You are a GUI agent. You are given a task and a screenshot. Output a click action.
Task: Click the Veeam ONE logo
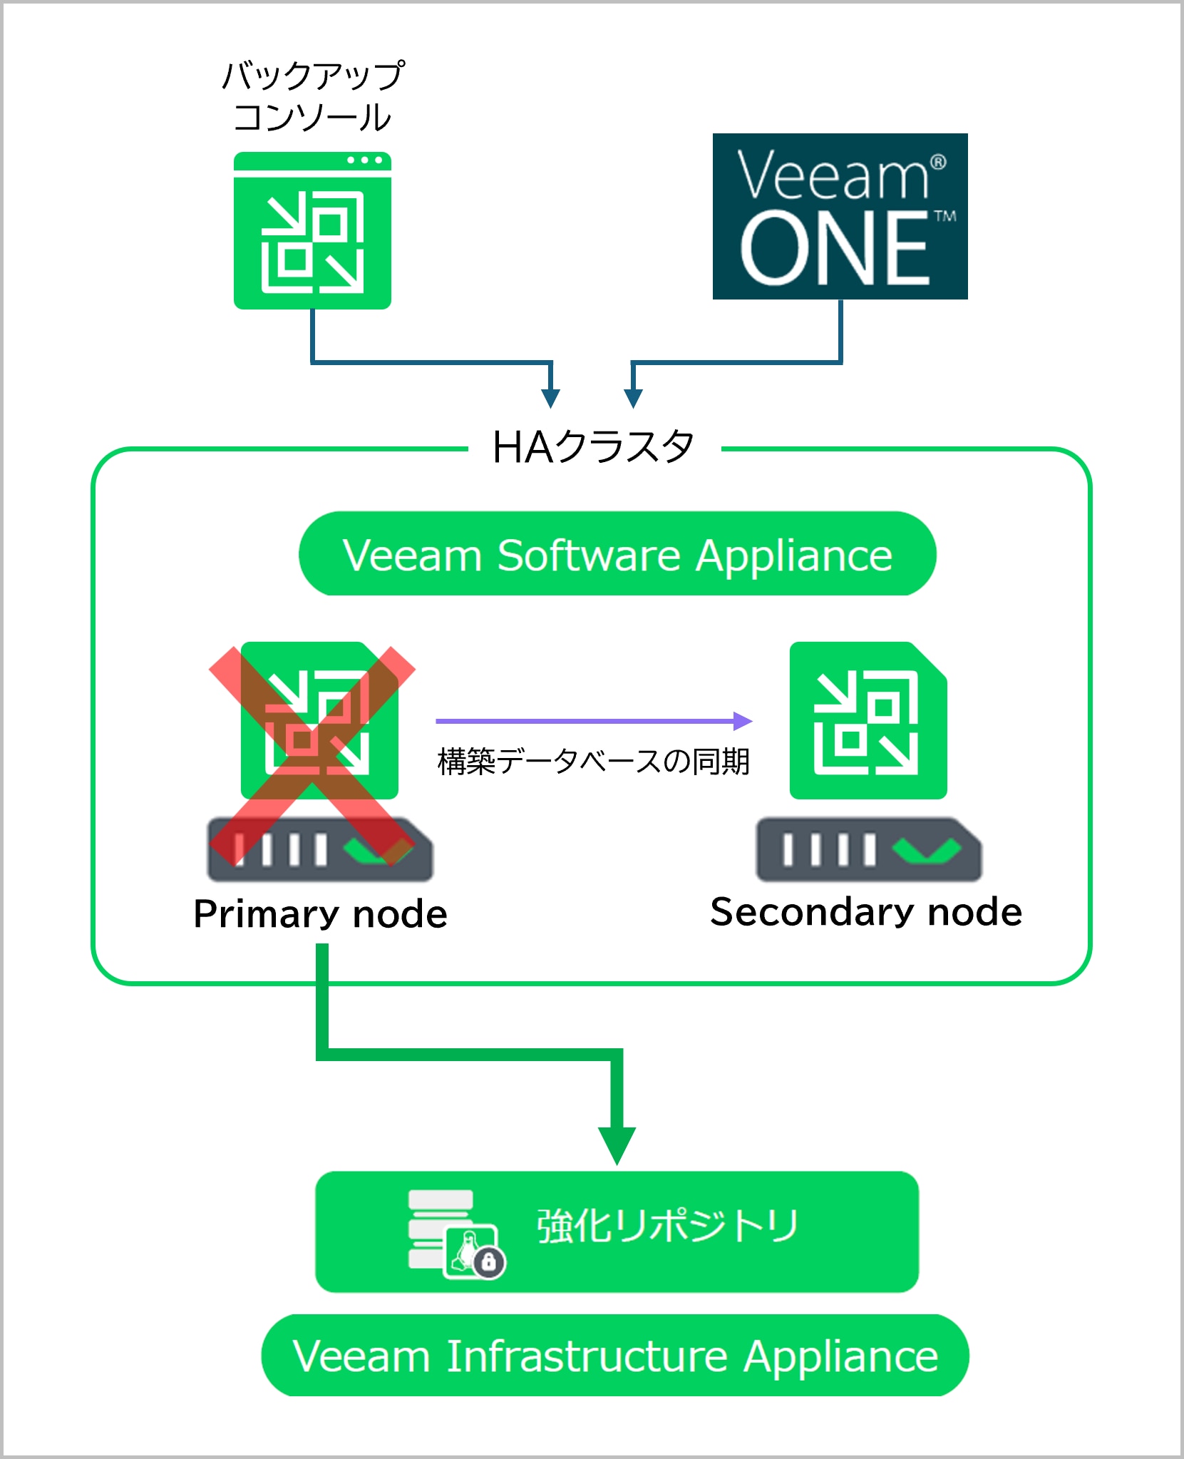(840, 215)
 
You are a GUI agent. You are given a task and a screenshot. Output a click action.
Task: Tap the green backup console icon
(312, 230)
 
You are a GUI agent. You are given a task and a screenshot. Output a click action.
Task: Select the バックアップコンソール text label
(313, 96)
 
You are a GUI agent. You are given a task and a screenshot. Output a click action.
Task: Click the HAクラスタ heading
(593, 448)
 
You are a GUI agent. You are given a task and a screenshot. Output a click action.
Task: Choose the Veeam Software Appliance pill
(617, 554)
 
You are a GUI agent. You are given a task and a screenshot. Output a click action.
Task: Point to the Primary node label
(321, 913)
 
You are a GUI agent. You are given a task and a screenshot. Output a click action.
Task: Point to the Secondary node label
(866, 911)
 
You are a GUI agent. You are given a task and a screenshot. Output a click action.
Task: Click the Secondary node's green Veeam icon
(868, 720)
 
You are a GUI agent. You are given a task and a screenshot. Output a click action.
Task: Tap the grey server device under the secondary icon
(868, 850)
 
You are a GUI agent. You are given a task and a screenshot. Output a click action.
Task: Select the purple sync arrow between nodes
(593, 721)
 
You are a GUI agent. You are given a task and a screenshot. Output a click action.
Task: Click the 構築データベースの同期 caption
(593, 762)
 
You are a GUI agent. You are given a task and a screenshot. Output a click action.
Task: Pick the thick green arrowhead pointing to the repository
(617, 1145)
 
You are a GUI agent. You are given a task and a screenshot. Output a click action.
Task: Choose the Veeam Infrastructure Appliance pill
(615, 1356)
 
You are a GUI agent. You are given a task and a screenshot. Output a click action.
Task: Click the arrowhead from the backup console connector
(550, 398)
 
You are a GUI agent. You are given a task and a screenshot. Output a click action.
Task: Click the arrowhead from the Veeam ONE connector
(633, 398)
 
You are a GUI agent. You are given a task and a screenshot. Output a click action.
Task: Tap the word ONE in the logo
(834, 249)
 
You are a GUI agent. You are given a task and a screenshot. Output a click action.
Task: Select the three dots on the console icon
(364, 160)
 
